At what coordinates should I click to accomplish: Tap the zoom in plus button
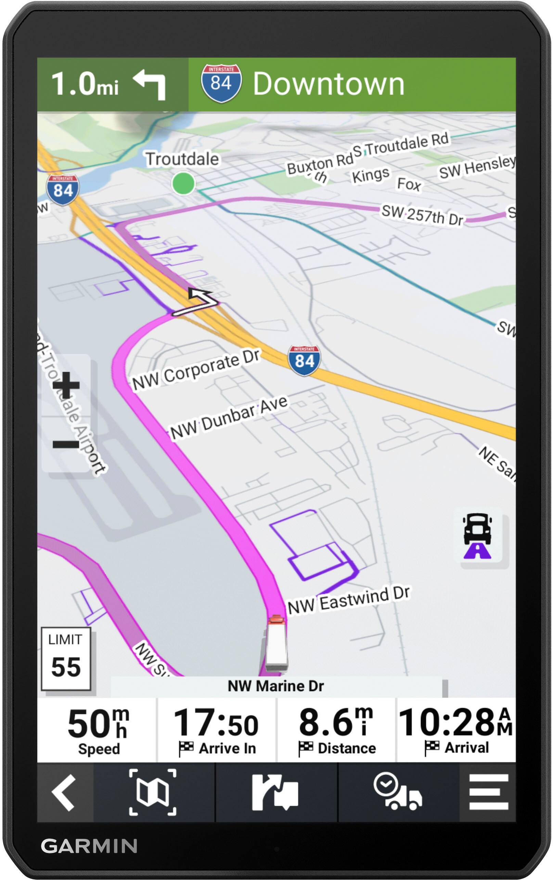[66, 385]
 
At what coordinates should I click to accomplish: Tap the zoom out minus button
[66, 444]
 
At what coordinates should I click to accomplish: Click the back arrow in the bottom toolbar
[64, 792]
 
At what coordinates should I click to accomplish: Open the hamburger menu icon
[488, 792]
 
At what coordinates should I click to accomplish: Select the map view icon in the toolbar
[153, 792]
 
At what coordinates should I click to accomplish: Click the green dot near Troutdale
[183, 183]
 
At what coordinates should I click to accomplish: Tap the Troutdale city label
[182, 159]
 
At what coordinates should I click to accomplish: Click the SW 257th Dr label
[422, 215]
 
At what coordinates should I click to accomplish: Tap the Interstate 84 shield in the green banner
[221, 83]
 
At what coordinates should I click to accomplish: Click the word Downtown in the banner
[329, 84]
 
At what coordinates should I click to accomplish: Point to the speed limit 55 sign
[66, 659]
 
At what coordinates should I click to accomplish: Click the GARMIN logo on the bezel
[89, 846]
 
